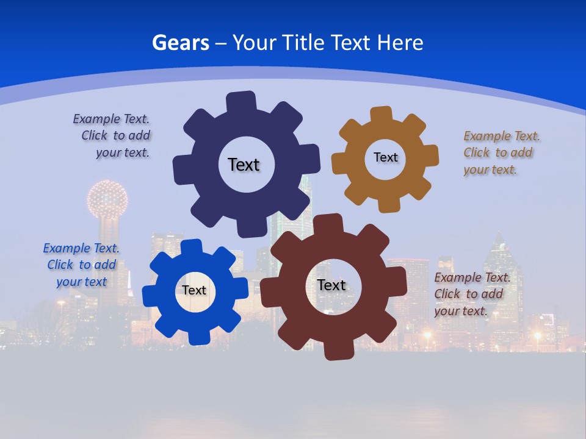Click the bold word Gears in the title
(181, 43)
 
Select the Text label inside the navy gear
(244, 165)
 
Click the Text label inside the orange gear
(385, 157)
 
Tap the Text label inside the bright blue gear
(194, 290)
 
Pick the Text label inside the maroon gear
(331, 285)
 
